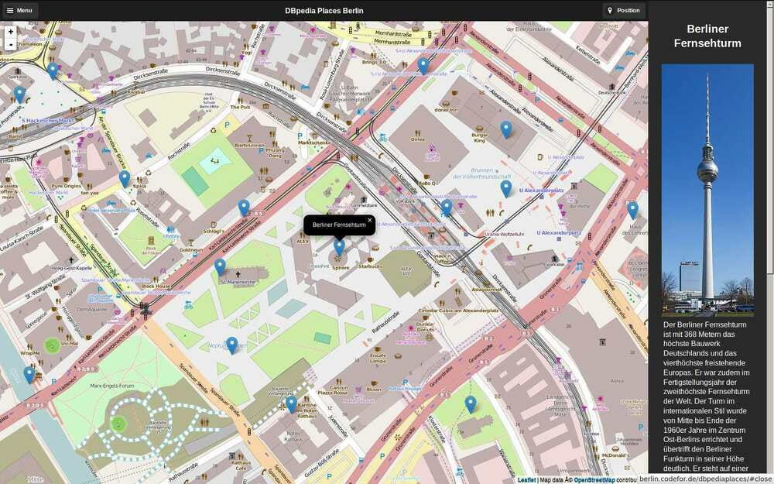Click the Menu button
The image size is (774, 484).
point(19,11)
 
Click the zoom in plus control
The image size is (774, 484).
point(10,32)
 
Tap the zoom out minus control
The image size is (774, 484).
point(10,45)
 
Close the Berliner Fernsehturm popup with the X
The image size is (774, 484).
point(369,220)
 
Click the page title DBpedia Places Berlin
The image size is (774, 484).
point(324,11)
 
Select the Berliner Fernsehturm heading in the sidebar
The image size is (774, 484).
point(707,36)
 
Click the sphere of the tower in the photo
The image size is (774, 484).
point(707,171)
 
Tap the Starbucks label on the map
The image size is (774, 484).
point(369,266)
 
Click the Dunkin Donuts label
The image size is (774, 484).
point(425,326)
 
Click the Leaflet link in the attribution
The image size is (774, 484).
point(526,480)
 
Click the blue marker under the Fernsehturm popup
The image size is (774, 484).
point(339,247)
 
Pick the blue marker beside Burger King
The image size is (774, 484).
point(505,129)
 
